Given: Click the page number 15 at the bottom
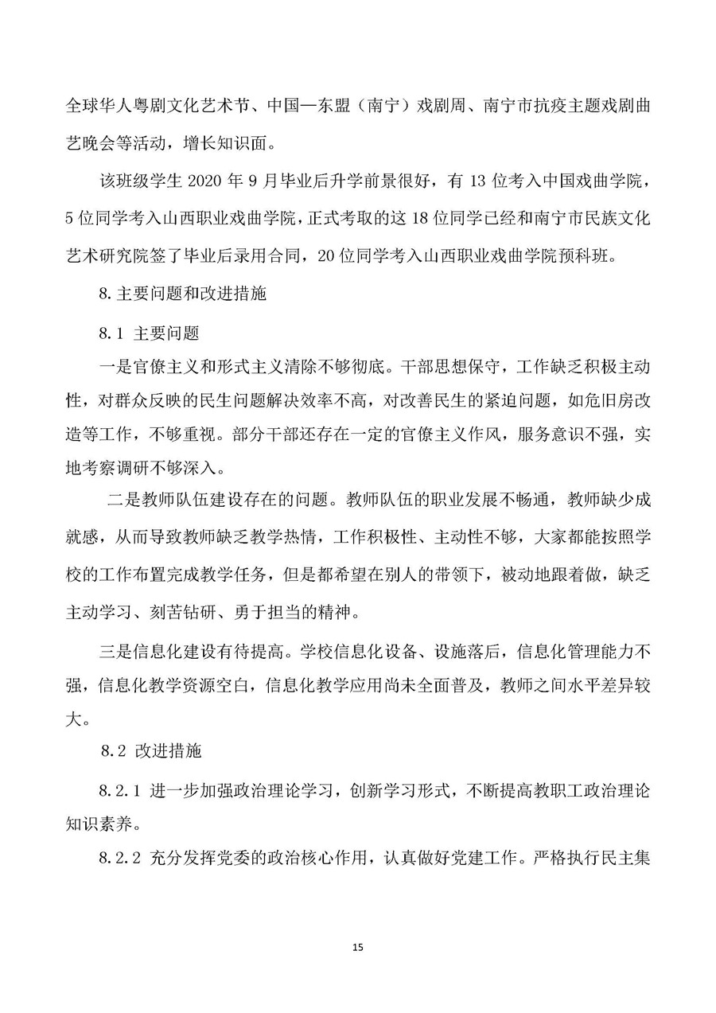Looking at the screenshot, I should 357,947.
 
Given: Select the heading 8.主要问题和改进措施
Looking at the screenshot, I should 183,294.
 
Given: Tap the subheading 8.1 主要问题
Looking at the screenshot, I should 149,330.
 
